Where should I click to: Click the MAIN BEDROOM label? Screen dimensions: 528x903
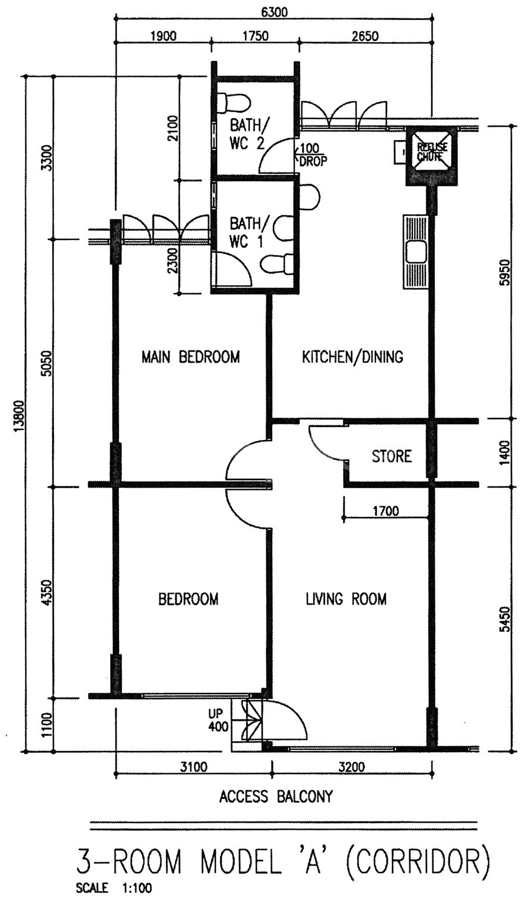point(191,357)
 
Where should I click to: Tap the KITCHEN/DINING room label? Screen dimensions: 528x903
point(353,357)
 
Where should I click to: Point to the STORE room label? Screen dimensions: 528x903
point(392,456)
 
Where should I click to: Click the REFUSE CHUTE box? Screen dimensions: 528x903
point(432,155)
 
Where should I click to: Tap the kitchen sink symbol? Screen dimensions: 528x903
point(415,252)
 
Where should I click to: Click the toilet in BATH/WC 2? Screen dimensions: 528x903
point(232,103)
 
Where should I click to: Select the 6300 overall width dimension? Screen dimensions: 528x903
point(275,12)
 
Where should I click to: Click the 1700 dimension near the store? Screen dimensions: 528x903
point(385,511)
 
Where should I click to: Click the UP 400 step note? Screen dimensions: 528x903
point(218,721)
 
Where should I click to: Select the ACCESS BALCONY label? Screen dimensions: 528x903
point(276,796)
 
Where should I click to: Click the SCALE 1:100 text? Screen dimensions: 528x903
point(114,896)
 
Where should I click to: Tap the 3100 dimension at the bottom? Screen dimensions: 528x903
point(194,766)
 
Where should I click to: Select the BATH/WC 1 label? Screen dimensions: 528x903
point(246,232)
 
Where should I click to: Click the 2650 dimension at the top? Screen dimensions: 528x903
point(365,36)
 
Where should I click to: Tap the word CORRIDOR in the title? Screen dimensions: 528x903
point(417,871)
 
